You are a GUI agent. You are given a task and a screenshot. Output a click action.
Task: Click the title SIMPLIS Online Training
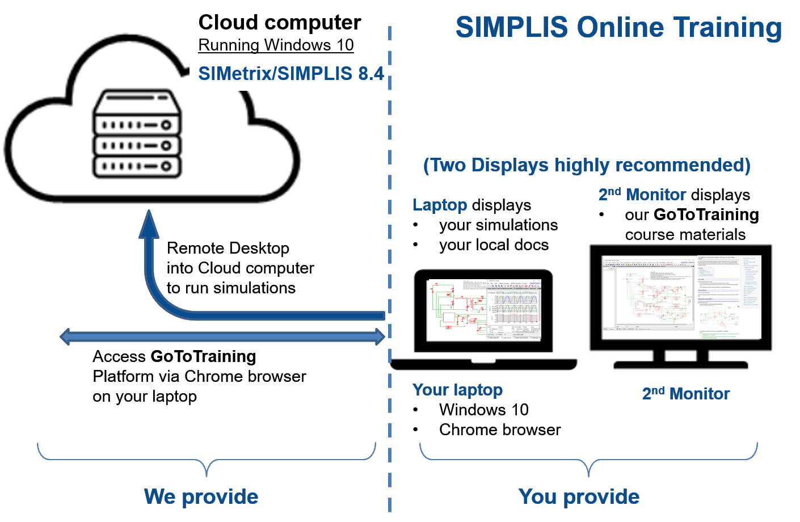point(618,28)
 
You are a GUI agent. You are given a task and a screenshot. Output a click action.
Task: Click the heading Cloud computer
point(279,23)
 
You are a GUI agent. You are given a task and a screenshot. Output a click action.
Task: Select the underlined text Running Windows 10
point(276,45)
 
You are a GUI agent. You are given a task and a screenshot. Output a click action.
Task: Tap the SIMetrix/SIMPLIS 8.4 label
point(290,74)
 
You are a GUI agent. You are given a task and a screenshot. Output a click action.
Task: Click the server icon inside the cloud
point(137,134)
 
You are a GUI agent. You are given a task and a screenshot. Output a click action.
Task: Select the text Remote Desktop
point(228,248)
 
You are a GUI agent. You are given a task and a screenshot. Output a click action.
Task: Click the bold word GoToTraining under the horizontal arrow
point(203,356)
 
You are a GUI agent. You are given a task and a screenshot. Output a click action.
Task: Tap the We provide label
point(201,496)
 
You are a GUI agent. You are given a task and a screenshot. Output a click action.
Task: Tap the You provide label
point(579,496)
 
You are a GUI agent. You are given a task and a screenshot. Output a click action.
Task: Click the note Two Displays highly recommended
point(587,165)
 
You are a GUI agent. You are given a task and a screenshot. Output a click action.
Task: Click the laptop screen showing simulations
point(483,310)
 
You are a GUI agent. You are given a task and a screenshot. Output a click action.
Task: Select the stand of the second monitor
point(680,359)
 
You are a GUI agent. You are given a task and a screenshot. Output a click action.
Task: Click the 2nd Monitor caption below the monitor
point(685,394)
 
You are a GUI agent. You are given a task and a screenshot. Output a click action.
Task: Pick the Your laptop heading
point(457,390)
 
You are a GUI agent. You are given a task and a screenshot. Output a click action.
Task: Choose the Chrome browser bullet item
point(499,430)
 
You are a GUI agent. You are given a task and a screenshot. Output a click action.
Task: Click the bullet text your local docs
point(494,245)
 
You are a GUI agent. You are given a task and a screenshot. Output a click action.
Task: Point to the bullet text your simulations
point(498,225)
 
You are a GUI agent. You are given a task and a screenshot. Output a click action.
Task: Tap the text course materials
point(685,234)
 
